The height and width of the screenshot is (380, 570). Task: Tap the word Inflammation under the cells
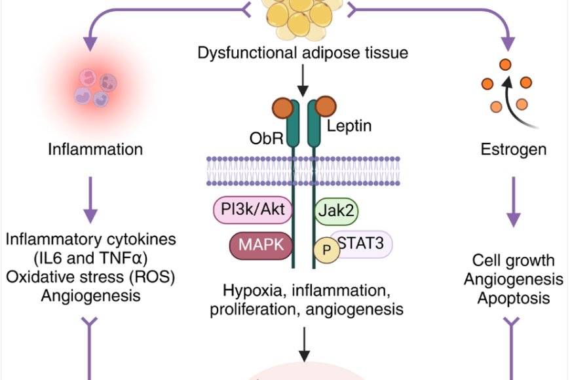click(95, 149)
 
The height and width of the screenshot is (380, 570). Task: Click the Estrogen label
click(513, 149)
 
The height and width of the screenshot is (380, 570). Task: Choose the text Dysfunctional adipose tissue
click(303, 52)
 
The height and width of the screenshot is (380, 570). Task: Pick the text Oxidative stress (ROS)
click(90, 276)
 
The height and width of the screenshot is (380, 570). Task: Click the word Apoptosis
click(513, 299)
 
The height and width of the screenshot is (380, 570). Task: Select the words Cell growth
click(513, 261)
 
